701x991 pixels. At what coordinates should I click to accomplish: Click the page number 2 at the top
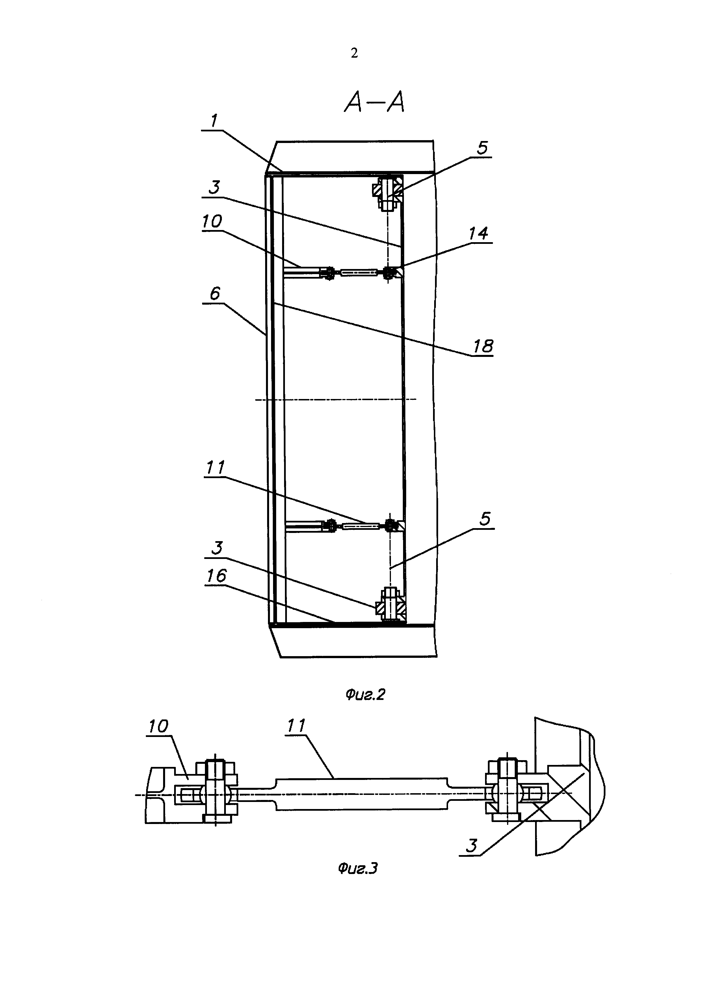(354, 53)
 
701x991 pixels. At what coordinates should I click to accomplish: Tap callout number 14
(478, 233)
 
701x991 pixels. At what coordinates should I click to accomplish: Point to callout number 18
(483, 346)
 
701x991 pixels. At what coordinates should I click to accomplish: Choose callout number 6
(215, 294)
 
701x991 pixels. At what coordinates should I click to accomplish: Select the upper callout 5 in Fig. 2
(482, 148)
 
